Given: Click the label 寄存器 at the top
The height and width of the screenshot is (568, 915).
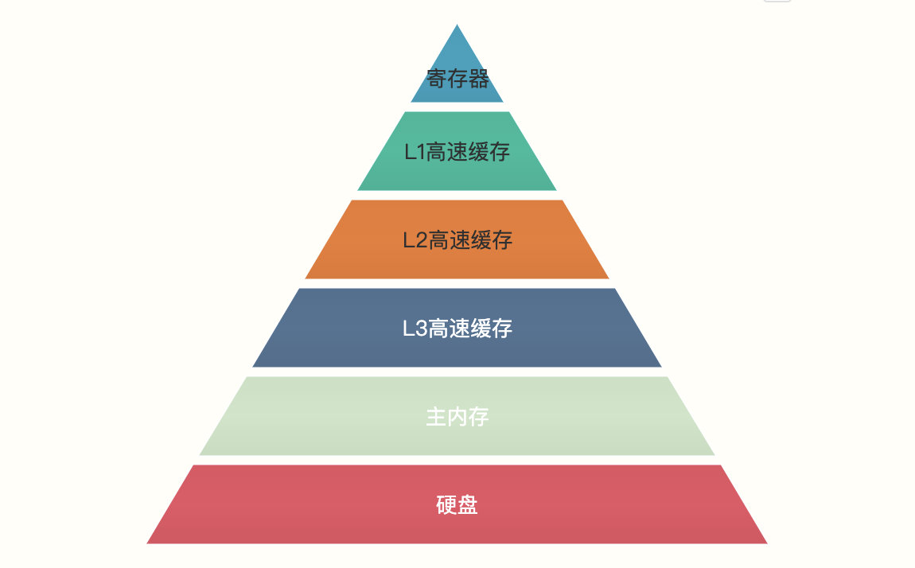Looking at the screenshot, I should point(457,79).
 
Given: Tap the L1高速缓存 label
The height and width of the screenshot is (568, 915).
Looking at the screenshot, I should point(457,152).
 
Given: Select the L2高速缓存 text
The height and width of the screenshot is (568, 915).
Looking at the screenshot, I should point(457,240).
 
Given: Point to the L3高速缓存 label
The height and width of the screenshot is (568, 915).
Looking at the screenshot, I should point(457,328).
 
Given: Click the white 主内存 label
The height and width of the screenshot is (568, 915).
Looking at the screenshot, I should point(457,416).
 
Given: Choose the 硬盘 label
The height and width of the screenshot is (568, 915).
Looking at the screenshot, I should point(457,504).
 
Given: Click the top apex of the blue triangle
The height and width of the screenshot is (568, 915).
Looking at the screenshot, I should point(457,26).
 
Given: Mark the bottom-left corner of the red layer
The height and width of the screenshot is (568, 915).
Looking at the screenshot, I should point(149,543).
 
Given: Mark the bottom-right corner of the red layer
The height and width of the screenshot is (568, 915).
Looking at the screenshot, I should point(765,543).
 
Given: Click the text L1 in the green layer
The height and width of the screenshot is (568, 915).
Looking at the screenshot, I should point(415,152).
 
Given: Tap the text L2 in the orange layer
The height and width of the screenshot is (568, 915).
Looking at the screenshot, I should point(415,240).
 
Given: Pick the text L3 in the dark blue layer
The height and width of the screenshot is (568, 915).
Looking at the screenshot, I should point(415,328).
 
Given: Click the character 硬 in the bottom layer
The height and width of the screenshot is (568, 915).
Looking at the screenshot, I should point(446,504).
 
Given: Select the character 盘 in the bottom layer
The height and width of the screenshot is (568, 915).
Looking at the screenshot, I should point(468,504).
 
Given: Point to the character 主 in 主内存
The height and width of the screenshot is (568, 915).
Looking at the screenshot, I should point(436,416).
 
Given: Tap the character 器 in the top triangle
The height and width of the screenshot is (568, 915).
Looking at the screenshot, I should point(478,79).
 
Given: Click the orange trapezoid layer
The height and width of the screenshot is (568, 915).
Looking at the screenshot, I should point(358,255).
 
